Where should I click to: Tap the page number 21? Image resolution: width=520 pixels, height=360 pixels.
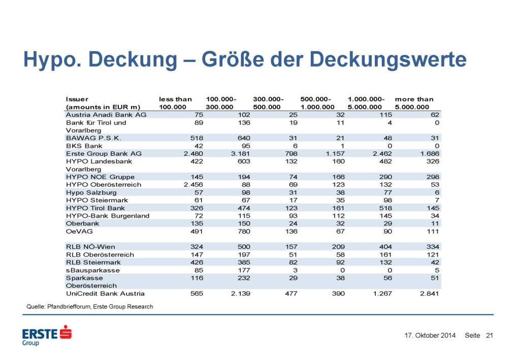coord(490,336)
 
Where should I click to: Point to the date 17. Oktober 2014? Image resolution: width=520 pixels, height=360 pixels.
coord(430,336)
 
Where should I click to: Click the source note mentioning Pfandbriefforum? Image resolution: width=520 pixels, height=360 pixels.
coord(89,307)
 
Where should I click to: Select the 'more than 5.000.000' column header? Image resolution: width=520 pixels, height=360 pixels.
coord(414,103)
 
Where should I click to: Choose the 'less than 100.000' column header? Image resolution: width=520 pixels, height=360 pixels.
coord(175,103)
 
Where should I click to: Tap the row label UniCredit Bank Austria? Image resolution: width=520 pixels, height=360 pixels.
coord(105,293)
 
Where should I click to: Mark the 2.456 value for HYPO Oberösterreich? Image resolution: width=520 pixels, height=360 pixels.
coord(179,184)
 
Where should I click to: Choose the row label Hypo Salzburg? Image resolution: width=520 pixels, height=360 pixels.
coord(91,192)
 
